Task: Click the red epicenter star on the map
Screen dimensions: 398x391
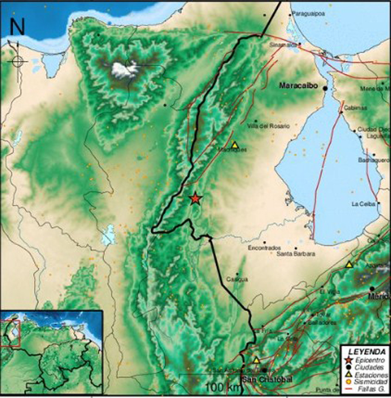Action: pos(195,198)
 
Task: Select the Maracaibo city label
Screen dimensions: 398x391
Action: pos(298,86)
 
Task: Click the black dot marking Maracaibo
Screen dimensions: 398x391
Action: pos(325,88)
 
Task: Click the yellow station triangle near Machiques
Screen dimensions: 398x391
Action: pos(235,145)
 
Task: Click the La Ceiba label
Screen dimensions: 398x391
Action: pos(363,203)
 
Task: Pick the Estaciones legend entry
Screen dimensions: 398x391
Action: pos(369,373)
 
